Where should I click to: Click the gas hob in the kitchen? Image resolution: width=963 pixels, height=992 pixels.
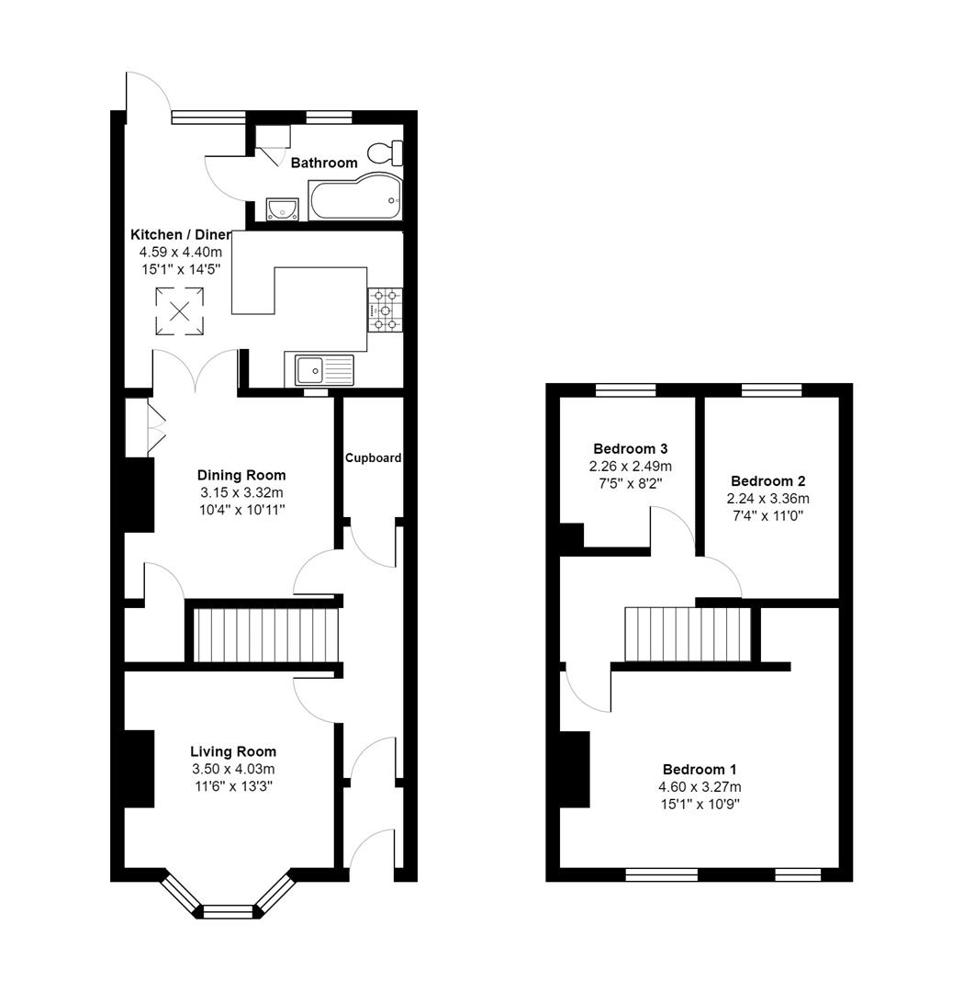(x=385, y=310)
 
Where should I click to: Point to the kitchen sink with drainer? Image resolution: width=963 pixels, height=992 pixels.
(x=324, y=370)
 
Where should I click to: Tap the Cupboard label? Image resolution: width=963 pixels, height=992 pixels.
(x=373, y=457)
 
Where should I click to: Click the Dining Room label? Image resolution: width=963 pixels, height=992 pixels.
(x=241, y=475)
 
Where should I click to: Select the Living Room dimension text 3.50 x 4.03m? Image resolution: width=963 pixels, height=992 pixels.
(x=233, y=769)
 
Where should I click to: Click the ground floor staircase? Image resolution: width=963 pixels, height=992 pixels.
(x=265, y=635)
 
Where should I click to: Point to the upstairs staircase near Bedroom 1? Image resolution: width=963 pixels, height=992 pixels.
(x=688, y=634)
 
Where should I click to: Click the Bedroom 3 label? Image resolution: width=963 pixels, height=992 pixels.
(x=630, y=449)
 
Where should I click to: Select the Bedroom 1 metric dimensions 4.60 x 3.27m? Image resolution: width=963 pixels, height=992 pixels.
(x=700, y=787)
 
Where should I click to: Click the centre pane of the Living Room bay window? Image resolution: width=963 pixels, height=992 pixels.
(x=227, y=911)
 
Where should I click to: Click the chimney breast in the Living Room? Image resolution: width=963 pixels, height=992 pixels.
(x=139, y=769)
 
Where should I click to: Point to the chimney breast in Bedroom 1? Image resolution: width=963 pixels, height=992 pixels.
(x=575, y=769)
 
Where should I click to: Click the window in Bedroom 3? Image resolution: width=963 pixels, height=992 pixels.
(x=625, y=390)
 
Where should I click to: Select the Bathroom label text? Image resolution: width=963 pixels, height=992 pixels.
(x=324, y=163)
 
